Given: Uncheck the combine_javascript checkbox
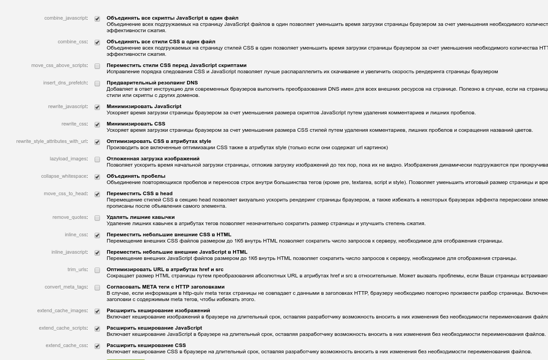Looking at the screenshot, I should tap(97, 19).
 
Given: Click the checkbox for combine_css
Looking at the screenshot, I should tap(97, 42).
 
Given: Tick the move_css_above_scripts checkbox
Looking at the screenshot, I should tap(97, 66).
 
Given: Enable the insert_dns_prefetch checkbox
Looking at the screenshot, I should tap(97, 84).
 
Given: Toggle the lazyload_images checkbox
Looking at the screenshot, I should tap(97, 159).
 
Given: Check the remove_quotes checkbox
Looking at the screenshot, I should tap(97, 218).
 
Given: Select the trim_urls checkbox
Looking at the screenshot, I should tap(97, 270).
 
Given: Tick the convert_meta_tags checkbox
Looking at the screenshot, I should tap(97, 288).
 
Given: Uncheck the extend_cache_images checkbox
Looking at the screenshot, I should tap(97, 311).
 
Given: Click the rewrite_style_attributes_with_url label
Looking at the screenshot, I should tap(52, 142).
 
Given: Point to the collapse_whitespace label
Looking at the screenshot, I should tap(64, 176).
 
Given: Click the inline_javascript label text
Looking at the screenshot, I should tap(69, 252).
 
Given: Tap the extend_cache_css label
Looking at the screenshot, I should tap(66, 345).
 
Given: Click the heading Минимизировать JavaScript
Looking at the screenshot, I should tap(144, 106).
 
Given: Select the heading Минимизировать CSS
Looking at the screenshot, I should tap(136, 124).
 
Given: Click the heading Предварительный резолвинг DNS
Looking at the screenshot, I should tap(152, 83).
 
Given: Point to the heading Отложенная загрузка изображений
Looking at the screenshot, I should tap(153, 159).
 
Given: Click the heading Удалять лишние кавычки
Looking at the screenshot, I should tap(141, 217).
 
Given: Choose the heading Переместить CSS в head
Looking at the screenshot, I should tap(139, 193).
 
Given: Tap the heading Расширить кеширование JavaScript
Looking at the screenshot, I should tap(154, 328).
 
